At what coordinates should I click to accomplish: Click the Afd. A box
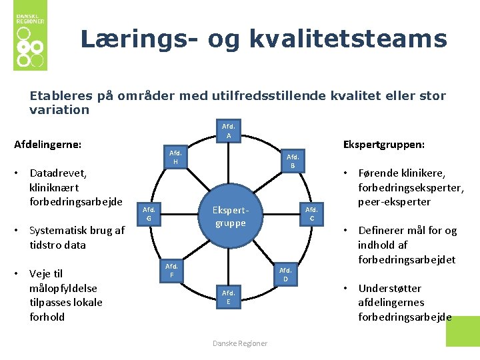(x=229, y=131)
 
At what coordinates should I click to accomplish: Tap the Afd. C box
(x=311, y=213)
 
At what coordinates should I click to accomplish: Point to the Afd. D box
(x=285, y=274)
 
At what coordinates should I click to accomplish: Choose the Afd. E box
(x=229, y=297)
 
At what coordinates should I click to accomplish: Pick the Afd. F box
(x=171, y=270)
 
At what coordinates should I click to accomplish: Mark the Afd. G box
(x=149, y=213)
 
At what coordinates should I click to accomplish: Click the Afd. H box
(x=175, y=157)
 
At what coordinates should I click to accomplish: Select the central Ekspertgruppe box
(x=230, y=216)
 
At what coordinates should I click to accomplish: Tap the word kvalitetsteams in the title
(x=348, y=39)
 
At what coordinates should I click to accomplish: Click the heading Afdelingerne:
(x=48, y=144)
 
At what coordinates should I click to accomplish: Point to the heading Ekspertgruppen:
(x=383, y=144)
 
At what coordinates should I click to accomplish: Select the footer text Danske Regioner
(x=240, y=343)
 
